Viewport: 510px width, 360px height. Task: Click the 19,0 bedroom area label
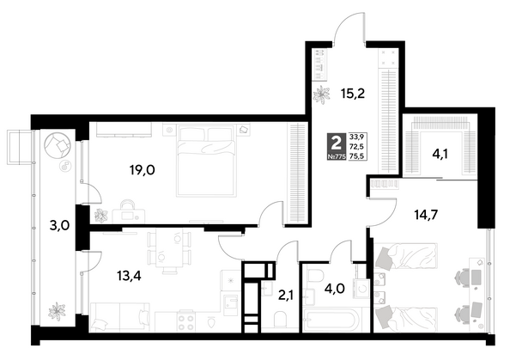(143, 169)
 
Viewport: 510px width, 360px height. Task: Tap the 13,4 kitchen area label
(129, 277)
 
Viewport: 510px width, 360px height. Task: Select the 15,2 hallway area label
(353, 94)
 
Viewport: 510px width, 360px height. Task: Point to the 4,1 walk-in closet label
(440, 153)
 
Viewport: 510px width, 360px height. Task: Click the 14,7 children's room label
(427, 215)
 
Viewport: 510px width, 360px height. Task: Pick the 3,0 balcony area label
(59, 226)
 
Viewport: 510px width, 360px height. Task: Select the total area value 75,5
(356, 156)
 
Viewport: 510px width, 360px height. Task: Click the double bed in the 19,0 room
(205, 161)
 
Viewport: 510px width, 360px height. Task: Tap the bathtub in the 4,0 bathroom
(331, 320)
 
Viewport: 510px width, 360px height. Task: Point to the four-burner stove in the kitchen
(186, 321)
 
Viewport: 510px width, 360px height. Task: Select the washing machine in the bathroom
(363, 289)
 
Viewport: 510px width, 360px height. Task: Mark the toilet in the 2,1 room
(281, 320)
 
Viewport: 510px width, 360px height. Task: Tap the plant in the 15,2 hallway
(321, 95)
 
